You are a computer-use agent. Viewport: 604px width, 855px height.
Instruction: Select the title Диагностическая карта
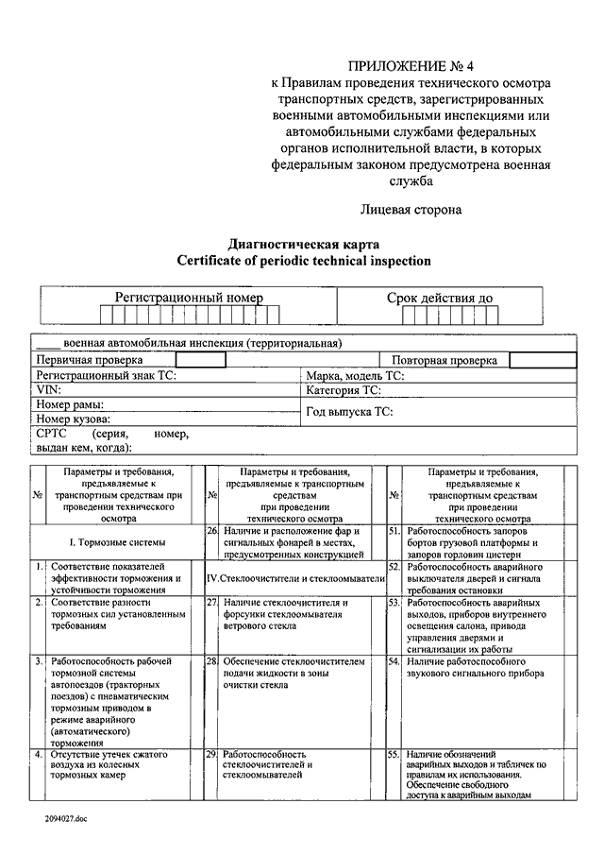(x=303, y=243)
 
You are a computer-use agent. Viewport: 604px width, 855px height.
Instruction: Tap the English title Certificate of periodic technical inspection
(x=303, y=261)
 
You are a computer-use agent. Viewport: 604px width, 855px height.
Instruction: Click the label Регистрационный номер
(x=189, y=298)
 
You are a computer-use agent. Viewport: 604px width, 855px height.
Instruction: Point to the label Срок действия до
(x=439, y=298)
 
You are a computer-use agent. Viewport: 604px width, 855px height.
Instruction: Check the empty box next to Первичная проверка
(x=200, y=360)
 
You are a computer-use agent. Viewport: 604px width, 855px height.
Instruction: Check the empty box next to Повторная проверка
(x=542, y=360)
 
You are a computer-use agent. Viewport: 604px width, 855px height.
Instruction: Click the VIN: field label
(x=48, y=389)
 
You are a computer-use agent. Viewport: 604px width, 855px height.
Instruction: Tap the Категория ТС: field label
(x=344, y=389)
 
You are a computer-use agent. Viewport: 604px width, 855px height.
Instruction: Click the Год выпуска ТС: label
(x=349, y=411)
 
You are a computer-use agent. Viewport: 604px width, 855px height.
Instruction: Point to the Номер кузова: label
(x=73, y=419)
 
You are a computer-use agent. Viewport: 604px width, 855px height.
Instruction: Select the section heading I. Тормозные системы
(x=118, y=542)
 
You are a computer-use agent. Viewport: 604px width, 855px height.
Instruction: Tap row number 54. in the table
(x=394, y=662)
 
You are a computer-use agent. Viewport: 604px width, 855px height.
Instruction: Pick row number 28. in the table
(x=212, y=662)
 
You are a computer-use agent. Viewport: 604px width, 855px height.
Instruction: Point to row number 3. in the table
(x=38, y=662)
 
